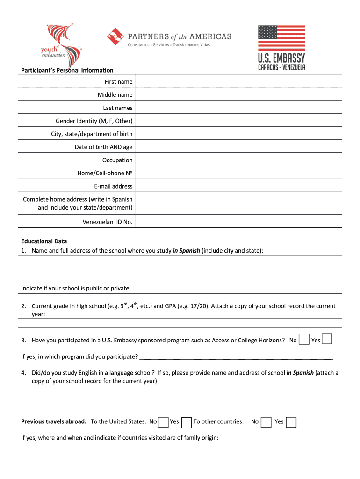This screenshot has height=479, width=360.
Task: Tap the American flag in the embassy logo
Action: pyautogui.click(x=281, y=37)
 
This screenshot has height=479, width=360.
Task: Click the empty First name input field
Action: pyautogui.click(x=238, y=82)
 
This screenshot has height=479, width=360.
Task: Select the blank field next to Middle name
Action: pyautogui.click(x=238, y=95)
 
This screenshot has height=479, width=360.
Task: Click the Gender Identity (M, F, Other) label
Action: pyautogui.click(x=94, y=121)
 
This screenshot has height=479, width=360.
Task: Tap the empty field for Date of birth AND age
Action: pyautogui.click(x=238, y=147)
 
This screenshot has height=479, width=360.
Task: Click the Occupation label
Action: pyautogui.click(x=117, y=160)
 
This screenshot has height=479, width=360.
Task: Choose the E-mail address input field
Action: pyautogui.click(x=238, y=186)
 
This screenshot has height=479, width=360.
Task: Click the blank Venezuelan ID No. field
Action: pyautogui.click(x=238, y=222)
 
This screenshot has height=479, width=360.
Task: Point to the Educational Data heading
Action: pyautogui.click(x=44, y=241)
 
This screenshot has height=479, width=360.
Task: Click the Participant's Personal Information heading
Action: pyautogui.click(x=67, y=70)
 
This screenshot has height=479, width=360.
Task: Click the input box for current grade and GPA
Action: pyautogui.click(x=180, y=323)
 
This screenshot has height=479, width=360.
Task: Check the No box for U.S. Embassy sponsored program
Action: pyautogui.click(x=304, y=339)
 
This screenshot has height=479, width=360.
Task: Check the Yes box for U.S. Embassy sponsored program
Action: pyautogui.click(x=327, y=339)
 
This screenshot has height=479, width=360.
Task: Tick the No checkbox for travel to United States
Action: pyautogui.click(x=163, y=422)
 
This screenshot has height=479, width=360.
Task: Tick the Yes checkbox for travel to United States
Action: pyautogui.click(x=186, y=422)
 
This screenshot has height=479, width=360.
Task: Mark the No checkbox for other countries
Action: pyautogui.click(x=266, y=422)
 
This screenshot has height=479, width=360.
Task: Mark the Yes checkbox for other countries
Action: pyautogui.click(x=291, y=422)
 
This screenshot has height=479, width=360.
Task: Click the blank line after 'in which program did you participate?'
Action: pyautogui.click(x=236, y=357)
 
